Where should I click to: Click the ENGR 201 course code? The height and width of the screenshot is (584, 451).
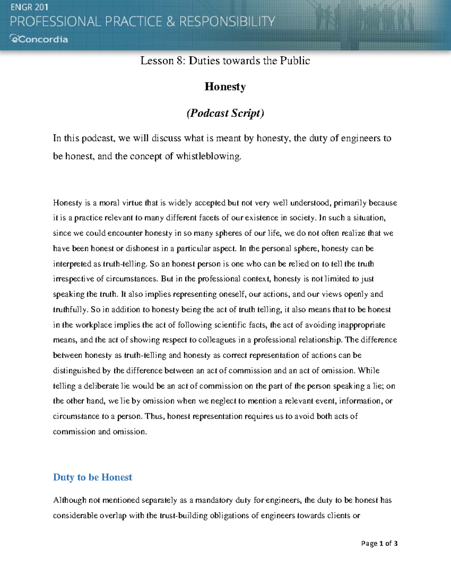coord(29,7)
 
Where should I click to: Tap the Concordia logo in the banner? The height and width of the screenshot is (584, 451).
coord(39,39)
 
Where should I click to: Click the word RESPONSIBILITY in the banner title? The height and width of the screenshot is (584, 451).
coord(227,21)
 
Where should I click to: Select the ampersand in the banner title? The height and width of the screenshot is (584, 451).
coord(171,21)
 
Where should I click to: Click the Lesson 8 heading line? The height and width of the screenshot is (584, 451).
coord(225,61)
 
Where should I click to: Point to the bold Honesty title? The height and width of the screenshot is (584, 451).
coord(225,86)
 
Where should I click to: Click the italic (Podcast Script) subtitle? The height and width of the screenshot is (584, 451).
coord(225,113)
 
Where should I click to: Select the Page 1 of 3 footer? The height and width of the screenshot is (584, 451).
coord(379,543)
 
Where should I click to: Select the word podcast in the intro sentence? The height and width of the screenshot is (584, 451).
coord(97,138)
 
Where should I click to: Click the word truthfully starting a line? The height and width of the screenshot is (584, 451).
coord(70,310)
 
